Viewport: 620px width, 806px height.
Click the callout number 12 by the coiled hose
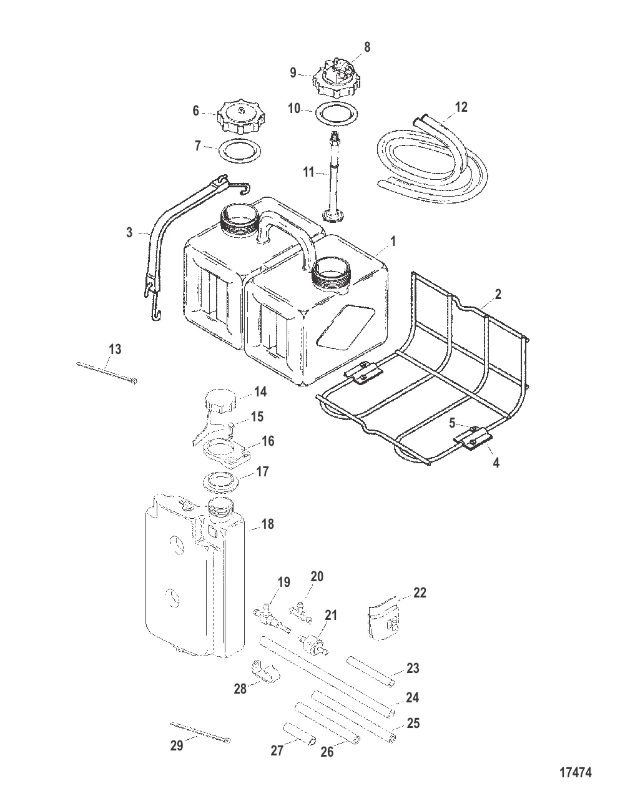pyautogui.click(x=461, y=107)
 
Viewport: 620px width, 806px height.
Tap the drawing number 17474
pyautogui.click(x=575, y=773)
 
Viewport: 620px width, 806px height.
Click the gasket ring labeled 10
pyautogui.click(x=337, y=111)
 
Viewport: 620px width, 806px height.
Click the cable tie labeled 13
pyautogui.click(x=107, y=373)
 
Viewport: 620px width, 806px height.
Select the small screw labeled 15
pyautogui.click(x=230, y=430)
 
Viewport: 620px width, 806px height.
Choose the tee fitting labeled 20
pyautogui.click(x=301, y=614)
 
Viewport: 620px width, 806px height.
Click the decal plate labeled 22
pyautogui.click(x=385, y=621)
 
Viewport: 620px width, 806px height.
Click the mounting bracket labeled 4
pyautogui.click(x=473, y=440)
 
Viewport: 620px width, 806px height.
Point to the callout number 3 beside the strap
pyautogui.click(x=129, y=233)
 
